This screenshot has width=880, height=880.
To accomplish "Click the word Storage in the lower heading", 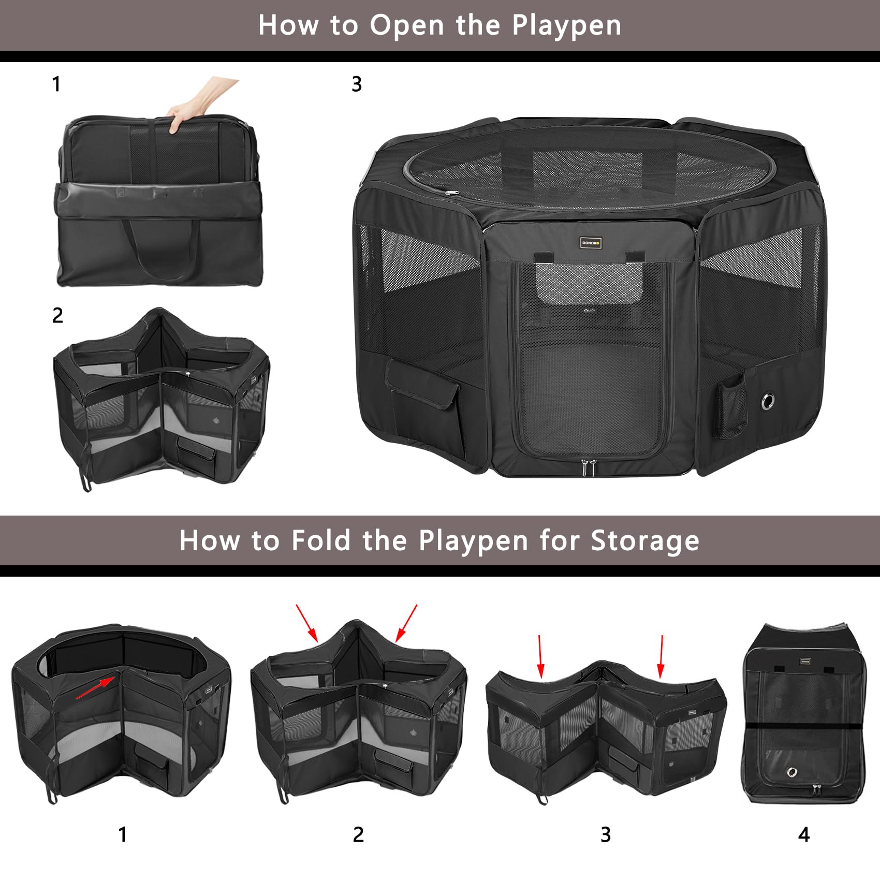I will click(x=645, y=541).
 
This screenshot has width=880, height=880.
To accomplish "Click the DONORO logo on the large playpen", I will click(x=590, y=242).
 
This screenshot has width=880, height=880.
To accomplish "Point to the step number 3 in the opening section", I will click(x=357, y=84).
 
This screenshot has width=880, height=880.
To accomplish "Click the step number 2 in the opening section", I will click(x=57, y=315).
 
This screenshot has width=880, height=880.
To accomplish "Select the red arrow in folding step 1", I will click(x=95, y=688).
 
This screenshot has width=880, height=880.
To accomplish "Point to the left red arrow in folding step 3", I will click(x=540, y=656).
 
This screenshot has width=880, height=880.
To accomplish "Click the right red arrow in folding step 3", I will click(x=661, y=656).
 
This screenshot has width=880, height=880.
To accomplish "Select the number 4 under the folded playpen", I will click(x=803, y=834).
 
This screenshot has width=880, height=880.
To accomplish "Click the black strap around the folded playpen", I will click(x=804, y=726).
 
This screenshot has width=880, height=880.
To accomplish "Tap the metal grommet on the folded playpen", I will click(x=791, y=772).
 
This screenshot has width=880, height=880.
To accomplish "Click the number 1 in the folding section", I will click(x=122, y=834).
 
